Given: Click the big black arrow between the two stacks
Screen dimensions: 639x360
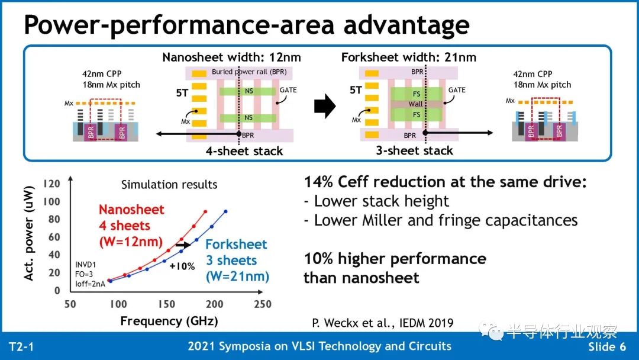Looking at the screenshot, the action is click(x=325, y=106).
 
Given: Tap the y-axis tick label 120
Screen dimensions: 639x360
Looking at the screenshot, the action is click(x=51, y=184).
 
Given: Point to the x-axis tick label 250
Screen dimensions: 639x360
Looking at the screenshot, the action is click(x=263, y=304).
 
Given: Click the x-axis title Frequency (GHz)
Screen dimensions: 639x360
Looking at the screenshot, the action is click(x=169, y=322).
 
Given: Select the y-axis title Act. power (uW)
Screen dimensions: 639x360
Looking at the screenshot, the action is click(x=28, y=233).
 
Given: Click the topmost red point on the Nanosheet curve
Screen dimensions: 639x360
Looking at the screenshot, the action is click(x=205, y=211).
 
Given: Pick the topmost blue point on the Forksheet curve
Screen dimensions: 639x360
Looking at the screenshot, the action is click(x=225, y=211).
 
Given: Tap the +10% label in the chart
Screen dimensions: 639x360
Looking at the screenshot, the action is click(x=182, y=266).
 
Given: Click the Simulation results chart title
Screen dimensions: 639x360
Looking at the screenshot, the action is click(x=169, y=185).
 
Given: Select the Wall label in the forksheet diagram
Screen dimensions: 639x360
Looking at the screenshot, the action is click(x=416, y=104).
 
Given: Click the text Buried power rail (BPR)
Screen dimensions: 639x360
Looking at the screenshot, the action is click(x=249, y=72).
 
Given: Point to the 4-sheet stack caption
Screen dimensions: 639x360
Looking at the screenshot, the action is click(x=244, y=151).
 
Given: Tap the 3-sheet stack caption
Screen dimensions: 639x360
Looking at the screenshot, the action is click(x=414, y=151).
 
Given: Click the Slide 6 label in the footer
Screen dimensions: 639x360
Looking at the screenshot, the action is click(x=607, y=347).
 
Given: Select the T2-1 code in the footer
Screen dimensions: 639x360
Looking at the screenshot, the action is click(x=21, y=347).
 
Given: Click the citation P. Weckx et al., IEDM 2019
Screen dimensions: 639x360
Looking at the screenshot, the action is click(x=383, y=323).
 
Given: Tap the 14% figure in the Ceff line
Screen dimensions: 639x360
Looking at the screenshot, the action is click(x=319, y=182).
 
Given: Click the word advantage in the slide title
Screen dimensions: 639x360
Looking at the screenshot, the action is click(x=406, y=25).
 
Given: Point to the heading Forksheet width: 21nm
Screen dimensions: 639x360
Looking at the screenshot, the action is click(x=409, y=57).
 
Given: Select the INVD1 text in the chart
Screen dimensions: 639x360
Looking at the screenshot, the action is click(x=86, y=265).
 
